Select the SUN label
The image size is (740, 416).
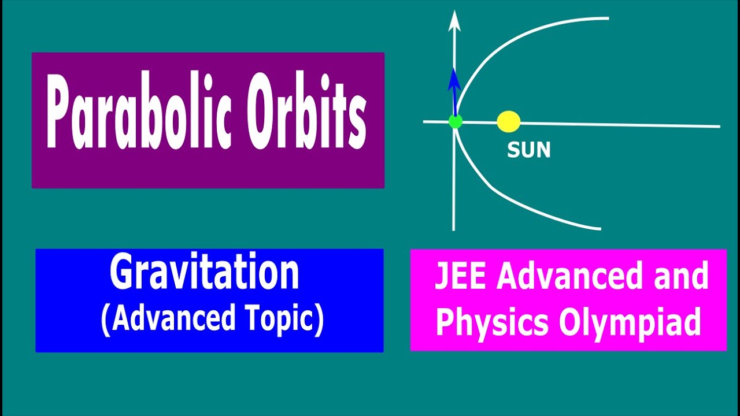pyautogui.click(x=528, y=150)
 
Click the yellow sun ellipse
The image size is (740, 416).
pyautogui.click(x=509, y=122)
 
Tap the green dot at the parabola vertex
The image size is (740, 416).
pyautogui.click(x=456, y=121)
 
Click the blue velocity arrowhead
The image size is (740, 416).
pyautogui.click(x=454, y=78)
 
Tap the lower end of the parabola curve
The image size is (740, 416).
pyautogui.click(x=600, y=228)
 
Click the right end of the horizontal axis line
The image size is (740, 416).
pyautogui.click(x=719, y=126)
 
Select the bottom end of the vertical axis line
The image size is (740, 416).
pyautogui.click(x=454, y=229)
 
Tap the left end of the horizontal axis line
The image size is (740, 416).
pyautogui.click(x=425, y=121)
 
